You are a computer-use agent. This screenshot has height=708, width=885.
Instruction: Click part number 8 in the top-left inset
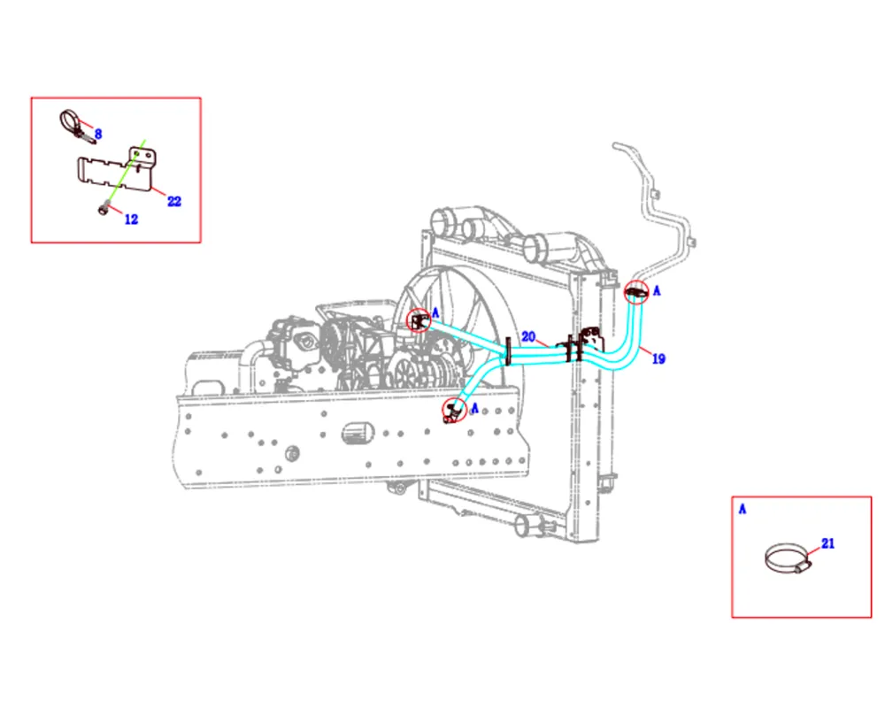point(98,134)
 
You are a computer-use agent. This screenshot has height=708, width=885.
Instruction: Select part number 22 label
point(174,201)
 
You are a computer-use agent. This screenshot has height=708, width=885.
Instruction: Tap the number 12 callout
point(131,219)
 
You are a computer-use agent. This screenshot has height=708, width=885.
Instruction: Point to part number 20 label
point(528,336)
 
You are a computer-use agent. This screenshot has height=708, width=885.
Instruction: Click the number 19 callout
point(658,358)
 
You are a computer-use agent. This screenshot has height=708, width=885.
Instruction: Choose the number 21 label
point(828,543)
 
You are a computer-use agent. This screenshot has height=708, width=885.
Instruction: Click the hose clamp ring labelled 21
point(788,559)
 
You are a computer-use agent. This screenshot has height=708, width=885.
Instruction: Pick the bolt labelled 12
point(104,209)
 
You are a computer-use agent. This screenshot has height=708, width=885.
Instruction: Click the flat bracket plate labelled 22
point(116,169)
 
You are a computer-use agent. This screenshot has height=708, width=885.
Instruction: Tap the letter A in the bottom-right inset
point(743,509)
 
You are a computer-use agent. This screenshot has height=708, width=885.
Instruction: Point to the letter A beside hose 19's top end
point(657,291)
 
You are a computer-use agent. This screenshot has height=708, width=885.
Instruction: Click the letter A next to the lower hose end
point(474,408)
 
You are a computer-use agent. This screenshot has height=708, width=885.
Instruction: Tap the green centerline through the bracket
point(125,173)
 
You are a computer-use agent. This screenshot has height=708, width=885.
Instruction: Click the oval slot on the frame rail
point(358,433)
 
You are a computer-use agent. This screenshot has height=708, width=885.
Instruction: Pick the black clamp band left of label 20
point(508,351)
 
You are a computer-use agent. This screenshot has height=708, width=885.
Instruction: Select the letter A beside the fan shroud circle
point(435,312)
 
